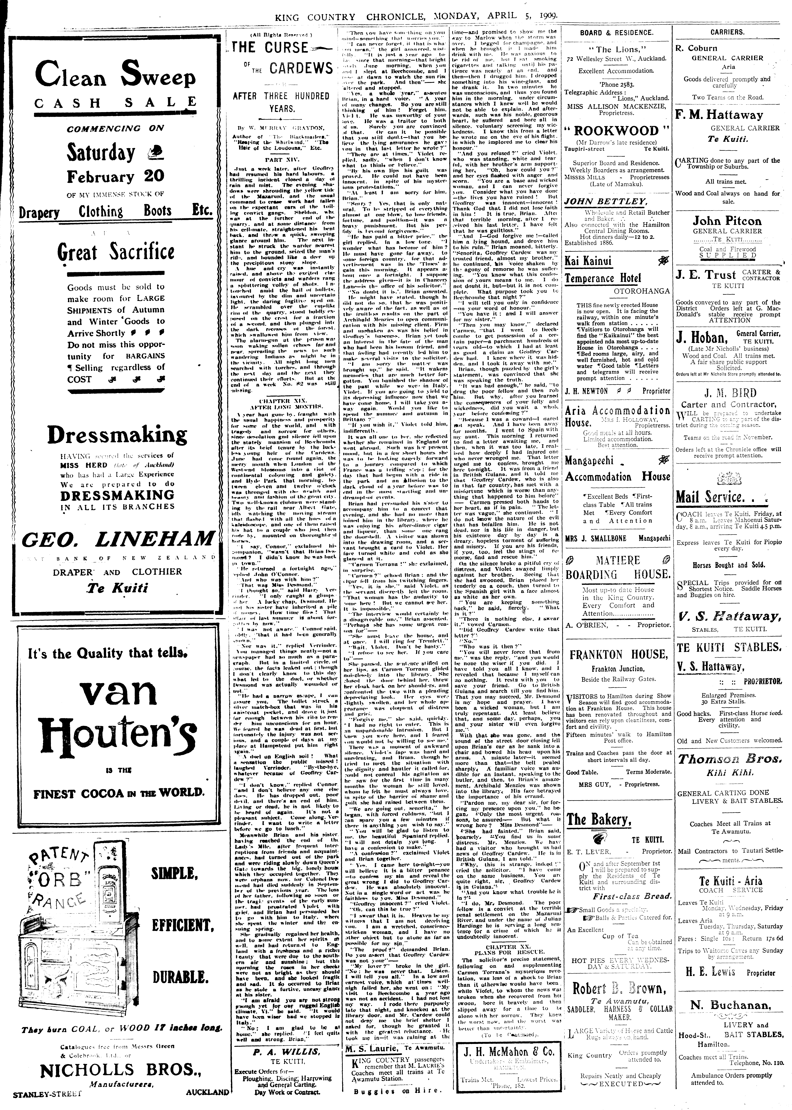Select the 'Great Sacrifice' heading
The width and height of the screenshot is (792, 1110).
[x=116, y=252]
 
